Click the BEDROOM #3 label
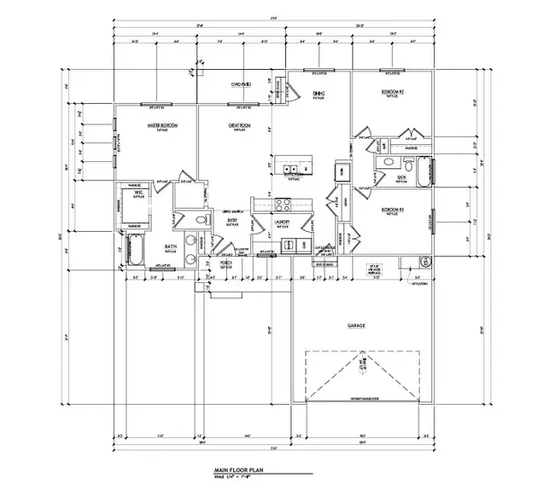[x=393, y=210]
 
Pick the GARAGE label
[x=357, y=326]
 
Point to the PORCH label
[x=226, y=264]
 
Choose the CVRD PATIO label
[x=241, y=84]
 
